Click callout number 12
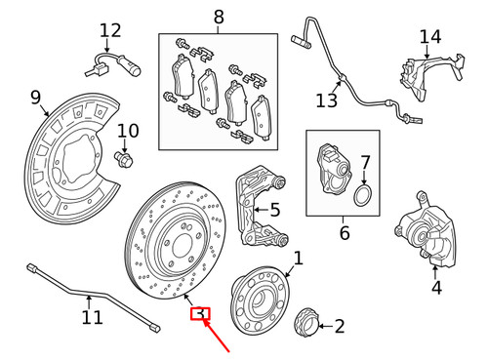[x=110, y=31]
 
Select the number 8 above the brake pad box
[x=218, y=17]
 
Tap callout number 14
[x=430, y=38]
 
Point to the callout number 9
[x=36, y=97]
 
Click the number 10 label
[x=129, y=132]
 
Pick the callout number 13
[x=325, y=100]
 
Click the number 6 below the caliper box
[x=344, y=234]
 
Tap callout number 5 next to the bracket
[x=275, y=209]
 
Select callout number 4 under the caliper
[x=436, y=288]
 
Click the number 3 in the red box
[x=199, y=314]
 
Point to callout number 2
[x=339, y=326]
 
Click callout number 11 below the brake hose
[x=92, y=317]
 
